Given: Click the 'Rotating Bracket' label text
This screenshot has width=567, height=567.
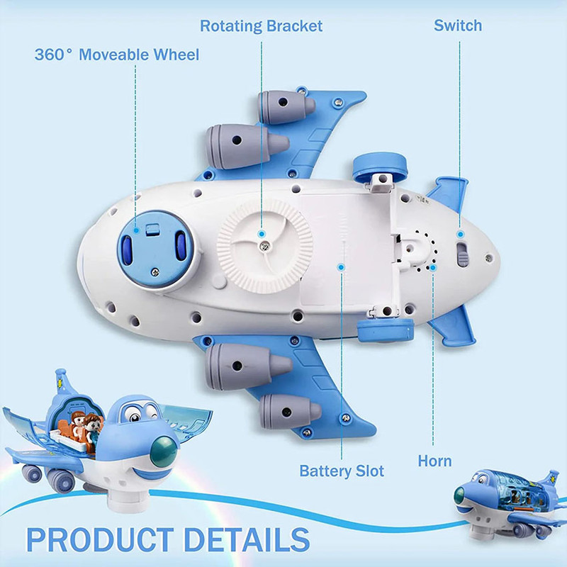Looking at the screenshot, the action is click(x=261, y=26).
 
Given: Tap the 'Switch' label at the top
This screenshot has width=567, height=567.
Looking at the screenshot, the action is click(x=458, y=26).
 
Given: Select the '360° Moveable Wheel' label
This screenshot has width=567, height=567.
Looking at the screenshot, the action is click(x=117, y=55).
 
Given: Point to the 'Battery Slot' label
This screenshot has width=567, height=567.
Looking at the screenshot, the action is click(x=342, y=471).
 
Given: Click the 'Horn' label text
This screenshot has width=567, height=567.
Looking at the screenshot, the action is click(x=434, y=461).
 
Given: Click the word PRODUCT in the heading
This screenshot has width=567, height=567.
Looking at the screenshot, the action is click(x=100, y=539).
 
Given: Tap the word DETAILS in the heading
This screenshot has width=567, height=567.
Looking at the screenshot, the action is click(x=247, y=539).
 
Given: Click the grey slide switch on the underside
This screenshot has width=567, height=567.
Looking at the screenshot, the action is click(x=463, y=254).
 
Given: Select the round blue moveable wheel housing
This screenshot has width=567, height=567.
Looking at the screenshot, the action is click(x=155, y=249).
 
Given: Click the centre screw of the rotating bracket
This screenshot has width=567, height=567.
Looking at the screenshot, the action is click(x=264, y=247).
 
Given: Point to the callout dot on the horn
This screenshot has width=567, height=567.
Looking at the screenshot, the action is click(x=433, y=268).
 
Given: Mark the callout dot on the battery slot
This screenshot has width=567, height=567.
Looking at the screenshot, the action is click(x=341, y=267).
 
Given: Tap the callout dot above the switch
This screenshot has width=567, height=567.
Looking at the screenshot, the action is click(x=460, y=235).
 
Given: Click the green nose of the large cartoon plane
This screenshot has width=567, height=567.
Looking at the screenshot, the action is click(x=164, y=451).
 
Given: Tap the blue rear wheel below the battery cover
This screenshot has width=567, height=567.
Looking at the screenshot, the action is click(x=386, y=330).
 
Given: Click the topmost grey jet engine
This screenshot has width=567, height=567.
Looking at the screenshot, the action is click(x=286, y=106).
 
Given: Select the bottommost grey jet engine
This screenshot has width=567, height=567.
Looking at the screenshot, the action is click(x=290, y=412).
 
